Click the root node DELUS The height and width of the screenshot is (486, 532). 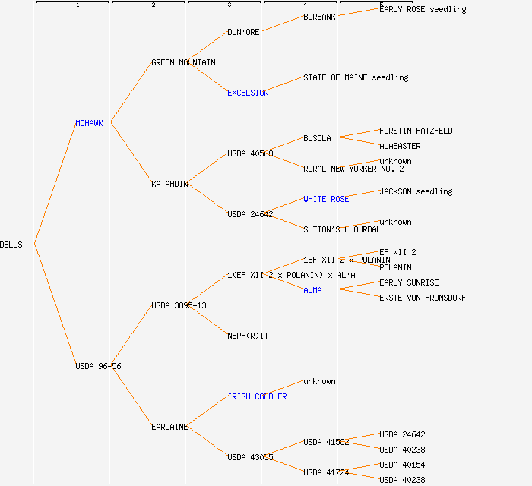click(x=11, y=245)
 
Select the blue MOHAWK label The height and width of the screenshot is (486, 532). click(x=89, y=123)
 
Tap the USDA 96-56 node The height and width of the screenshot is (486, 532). click(x=98, y=366)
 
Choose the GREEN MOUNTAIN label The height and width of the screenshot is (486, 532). click(x=183, y=62)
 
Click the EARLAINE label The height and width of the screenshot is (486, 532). click(x=169, y=427)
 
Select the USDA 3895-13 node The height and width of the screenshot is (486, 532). click(x=179, y=305)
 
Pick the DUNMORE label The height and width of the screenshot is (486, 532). click(x=243, y=32)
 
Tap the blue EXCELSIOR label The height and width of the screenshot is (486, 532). click(x=248, y=93)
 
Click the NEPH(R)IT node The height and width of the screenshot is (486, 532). click(x=248, y=336)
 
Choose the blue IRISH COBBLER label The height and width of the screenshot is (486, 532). click(x=257, y=396)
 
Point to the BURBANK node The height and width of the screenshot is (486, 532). click(x=319, y=17)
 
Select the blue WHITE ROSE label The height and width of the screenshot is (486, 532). click(x=326, y=199)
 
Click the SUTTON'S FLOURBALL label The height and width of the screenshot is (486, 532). click(x=344, y=229)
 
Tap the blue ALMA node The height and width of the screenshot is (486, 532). click(x=312, y=290)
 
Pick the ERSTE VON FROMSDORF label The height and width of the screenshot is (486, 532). click(x=423, y=298)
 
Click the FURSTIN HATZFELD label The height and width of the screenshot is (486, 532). click(x=416, y=131)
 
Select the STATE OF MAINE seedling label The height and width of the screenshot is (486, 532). click(x=356, y=77)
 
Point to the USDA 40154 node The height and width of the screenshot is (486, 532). click(x=402, y=465)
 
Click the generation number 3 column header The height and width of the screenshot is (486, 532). click(x=229, y=5)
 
